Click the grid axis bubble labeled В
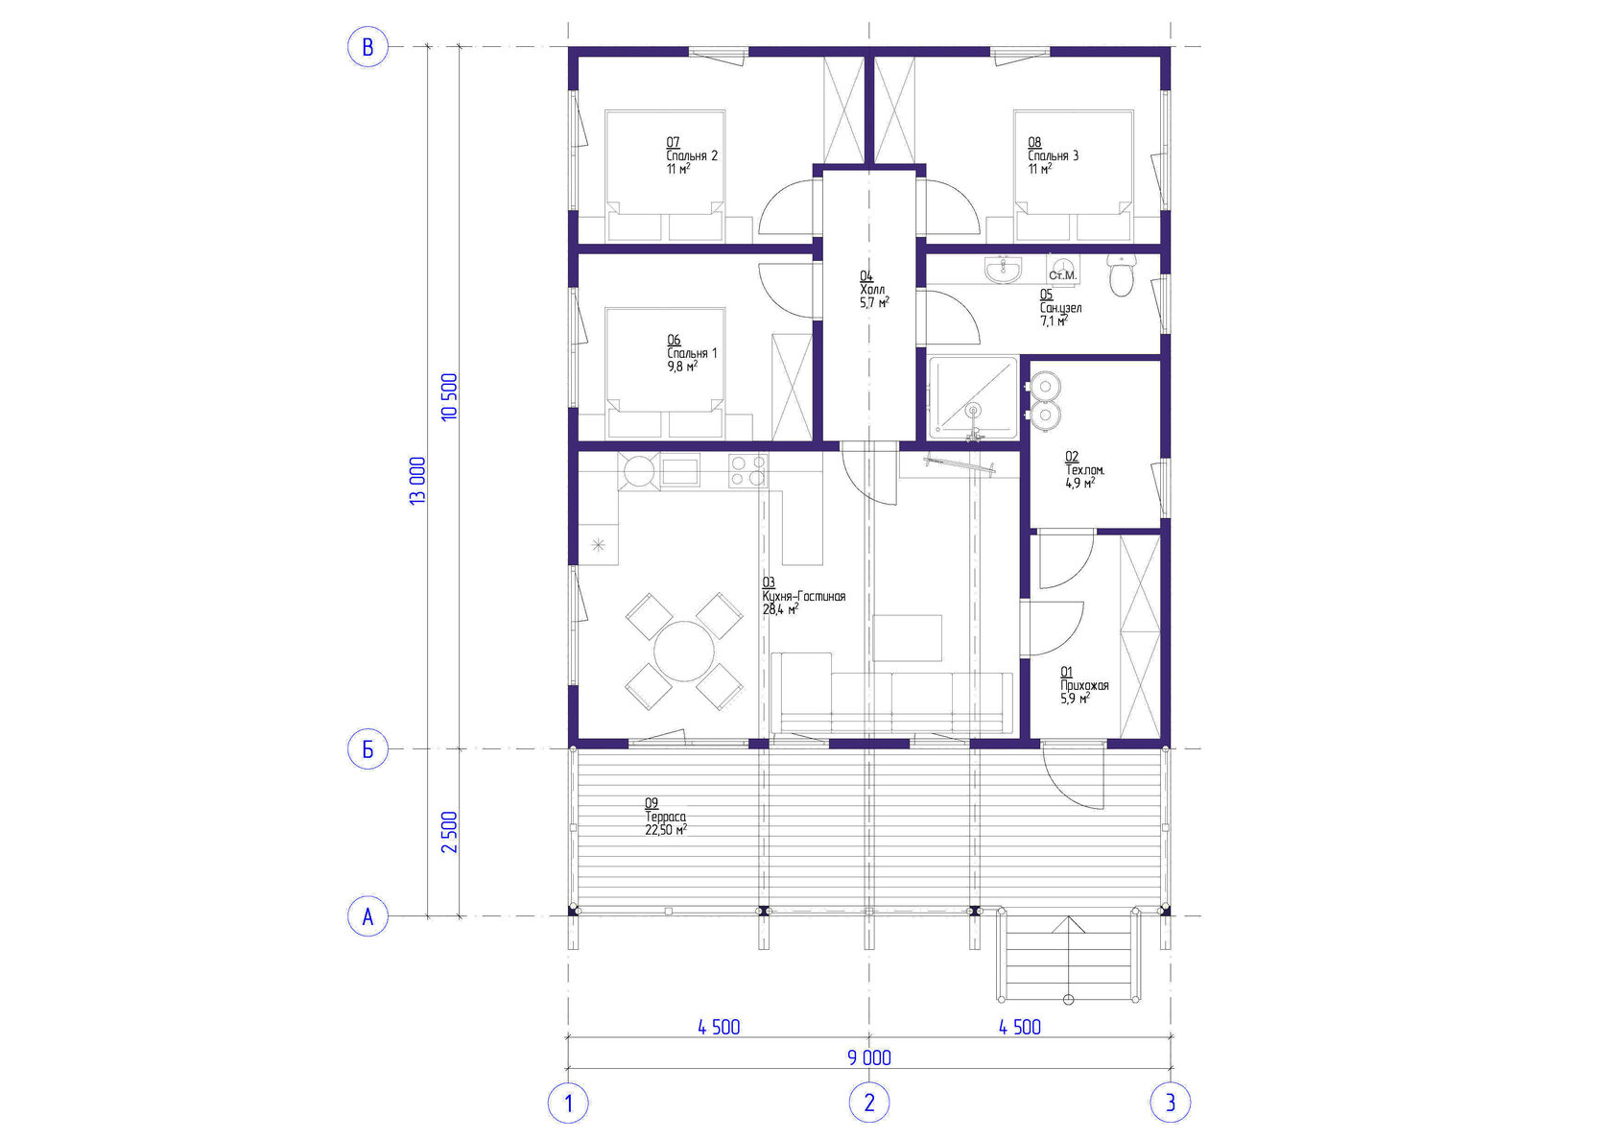[x=367, y=47]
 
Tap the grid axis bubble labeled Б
[x=367, y=749]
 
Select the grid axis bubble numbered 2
[x=869, y=1103]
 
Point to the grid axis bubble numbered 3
[x=1171, y=1103]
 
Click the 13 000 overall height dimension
[x=417, y=481]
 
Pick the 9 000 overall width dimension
[x=869, y=1057]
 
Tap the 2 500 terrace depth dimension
[x=449, y=833]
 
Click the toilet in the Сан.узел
[x=1121, y=274]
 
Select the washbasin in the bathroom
[x=1003, y=270]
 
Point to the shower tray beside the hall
[x=972, y=398]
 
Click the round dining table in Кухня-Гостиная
[x=683, y=652]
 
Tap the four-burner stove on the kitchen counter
[x=747, y=470]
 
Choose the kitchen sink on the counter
[x=680, y=472]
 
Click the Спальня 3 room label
[x=1053, y=155]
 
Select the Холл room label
[x=874, y=290]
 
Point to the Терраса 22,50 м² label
[x=666, y=817]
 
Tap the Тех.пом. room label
[x=1084, y=470]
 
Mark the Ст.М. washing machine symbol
[x=1062, y=269]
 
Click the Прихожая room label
[x=1084, y=685]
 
